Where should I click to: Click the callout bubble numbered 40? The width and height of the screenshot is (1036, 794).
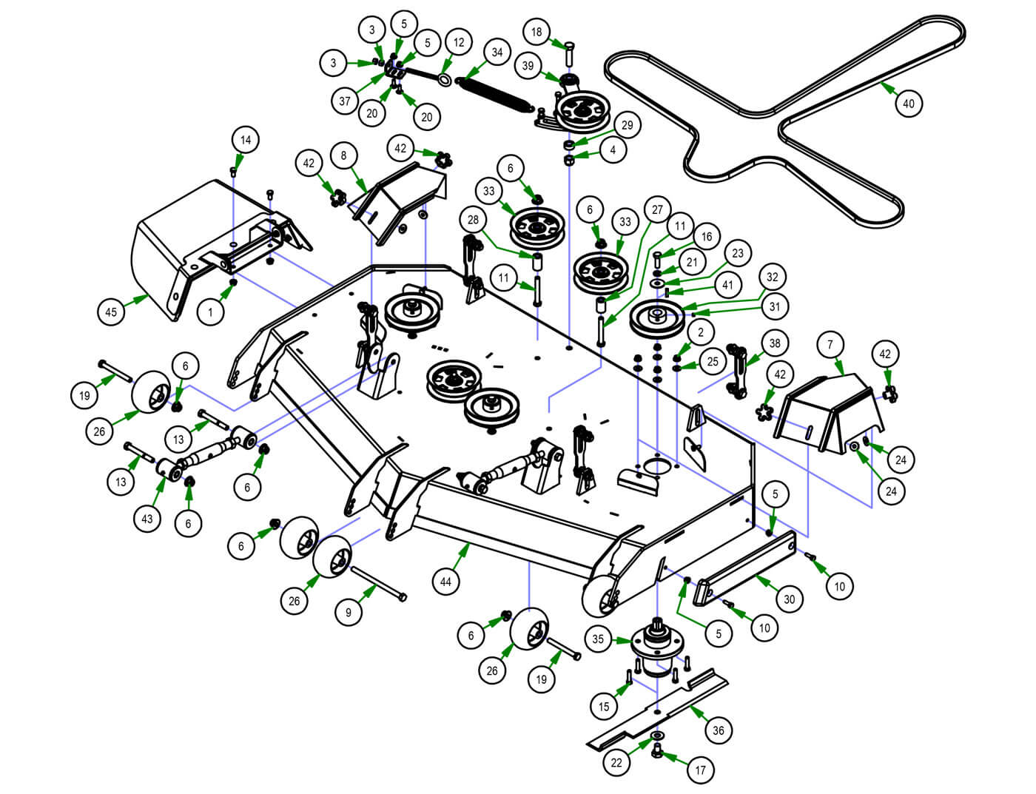point(909,103)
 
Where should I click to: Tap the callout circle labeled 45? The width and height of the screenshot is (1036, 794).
point(111,312)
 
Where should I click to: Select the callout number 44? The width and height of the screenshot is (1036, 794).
point(445,582)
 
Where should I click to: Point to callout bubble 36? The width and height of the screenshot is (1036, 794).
point(718,730)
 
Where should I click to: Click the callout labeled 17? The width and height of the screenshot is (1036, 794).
point(700,770)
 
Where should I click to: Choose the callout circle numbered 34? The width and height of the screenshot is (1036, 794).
point(497,53)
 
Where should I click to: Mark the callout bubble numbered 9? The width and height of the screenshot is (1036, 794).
point(349,613)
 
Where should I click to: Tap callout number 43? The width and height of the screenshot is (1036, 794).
point(147,518)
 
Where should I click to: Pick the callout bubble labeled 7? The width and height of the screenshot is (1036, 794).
point(830,345)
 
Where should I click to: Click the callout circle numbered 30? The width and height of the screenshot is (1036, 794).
point(790,598)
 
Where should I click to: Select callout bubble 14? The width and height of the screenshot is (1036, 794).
point(246,140)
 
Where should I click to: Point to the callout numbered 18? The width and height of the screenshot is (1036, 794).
point(536,32)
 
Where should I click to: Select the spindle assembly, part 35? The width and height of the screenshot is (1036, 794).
point(656,647)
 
